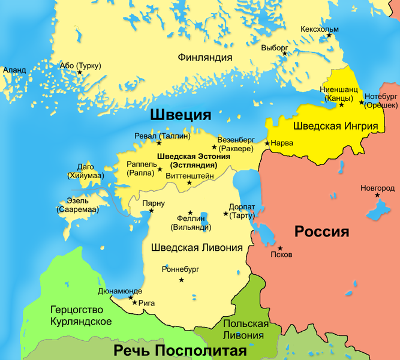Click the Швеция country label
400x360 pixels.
(180, 115)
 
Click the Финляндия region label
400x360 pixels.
(204, 58)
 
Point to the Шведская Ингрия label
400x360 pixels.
(335, 126)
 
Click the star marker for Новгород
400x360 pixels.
(377, 195)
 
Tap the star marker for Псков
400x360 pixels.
(279, 247)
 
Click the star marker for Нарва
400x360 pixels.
(267, 143)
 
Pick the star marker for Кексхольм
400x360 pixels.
(329, 37)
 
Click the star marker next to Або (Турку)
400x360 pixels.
(80, 73)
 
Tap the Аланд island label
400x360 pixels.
(14, 70)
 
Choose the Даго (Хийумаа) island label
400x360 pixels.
(86, 171)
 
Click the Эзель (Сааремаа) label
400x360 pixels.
(78, 206)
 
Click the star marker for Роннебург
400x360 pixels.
(181, 280)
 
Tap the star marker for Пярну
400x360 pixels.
(151, 211)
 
